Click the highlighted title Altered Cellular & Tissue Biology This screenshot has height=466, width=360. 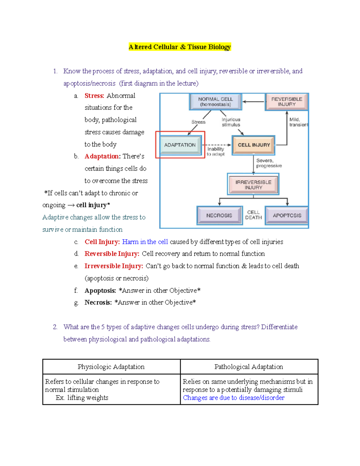pyautogui.click(x=180, y=47)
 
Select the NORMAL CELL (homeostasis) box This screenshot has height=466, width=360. pyautogui.click(x=215, y=102)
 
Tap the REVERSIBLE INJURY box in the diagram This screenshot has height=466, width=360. pyautogui.click(x=286, y=102)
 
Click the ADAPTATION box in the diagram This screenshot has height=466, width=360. pyautogui.click(x=180, y=145)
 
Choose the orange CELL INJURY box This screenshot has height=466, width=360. pyautogui.click(x=254, y=145)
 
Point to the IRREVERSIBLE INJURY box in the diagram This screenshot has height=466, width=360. pyautogui.click(x=253, y=185)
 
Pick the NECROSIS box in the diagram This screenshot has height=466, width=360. pyautogui.click(x=219, y=215)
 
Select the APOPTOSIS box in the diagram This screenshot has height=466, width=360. pyautogui.click(x=287, y=215)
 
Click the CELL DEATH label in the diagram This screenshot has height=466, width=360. pyautogui.click(x=253, y=215)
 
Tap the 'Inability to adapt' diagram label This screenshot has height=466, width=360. pyautogui.click(x=216, y=152)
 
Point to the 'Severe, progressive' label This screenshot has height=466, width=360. pyautogui.click(x=269, y=163)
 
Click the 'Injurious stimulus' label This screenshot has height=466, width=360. pyautogui.click(x=231, y=122)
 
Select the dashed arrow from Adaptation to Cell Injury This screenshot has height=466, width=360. pyautogui.click(x=217, y=145)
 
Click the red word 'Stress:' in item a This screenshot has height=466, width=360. pyautogui.click(x=94, y=96)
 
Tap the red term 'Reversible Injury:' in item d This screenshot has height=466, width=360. pyautogui.click(x=112, y=254)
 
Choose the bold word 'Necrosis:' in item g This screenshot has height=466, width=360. pyautogui.click(x=98, y=302)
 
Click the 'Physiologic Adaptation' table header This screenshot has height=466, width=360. pyautogui.click(x=111, y=367)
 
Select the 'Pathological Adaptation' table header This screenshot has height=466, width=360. pyautogui.click(x=249, y=367)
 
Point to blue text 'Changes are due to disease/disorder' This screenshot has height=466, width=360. pyautogui.click(x=234, y=398)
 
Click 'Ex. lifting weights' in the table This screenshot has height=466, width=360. pyautogui.click(x=82, y=398)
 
